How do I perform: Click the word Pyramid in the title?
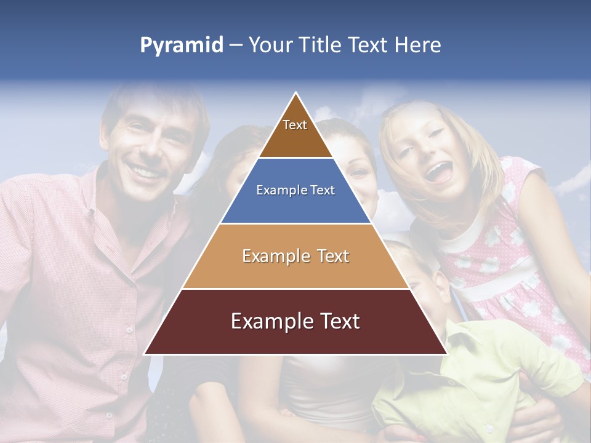pyautogui.click(x=181, y=46)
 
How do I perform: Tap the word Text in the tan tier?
pyautogui.click(x=329, y=256)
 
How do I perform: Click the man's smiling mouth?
pyautogui.click(x=145, y=171)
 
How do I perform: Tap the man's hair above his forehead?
pyautogui.click(x=148, y=105)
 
